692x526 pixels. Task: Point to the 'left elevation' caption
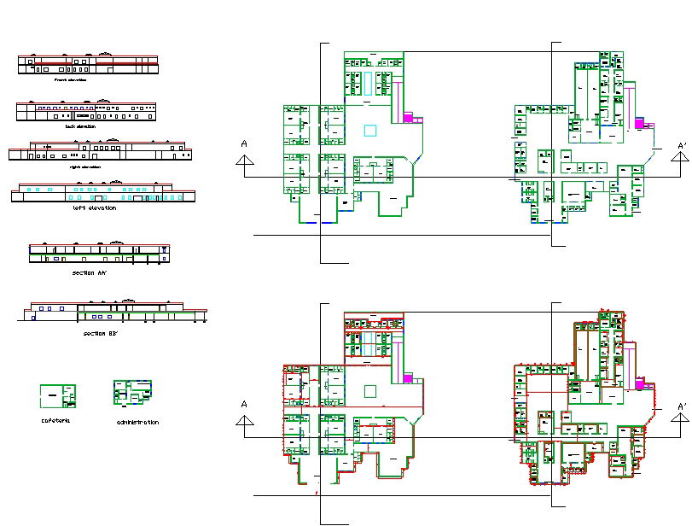[x=95, y=208]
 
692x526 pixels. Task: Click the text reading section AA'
[x=90, y=273]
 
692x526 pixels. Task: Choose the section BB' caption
[x=101, y=333]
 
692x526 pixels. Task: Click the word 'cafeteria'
[x=55, y=420]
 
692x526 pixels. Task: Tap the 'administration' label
[x=137, y=423]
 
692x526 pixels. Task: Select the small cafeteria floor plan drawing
[x=57, y=396]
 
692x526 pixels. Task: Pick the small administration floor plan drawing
[x=132, y=393]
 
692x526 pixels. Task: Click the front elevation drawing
[x=88, y=64]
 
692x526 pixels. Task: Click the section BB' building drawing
[x=111, y=312]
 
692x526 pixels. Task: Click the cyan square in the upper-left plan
[x=369, y=131]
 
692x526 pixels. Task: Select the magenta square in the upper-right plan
[x=638, y=123]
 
